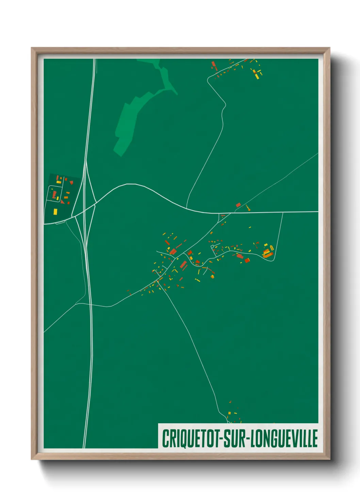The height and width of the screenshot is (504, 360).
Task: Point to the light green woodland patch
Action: [136, 112]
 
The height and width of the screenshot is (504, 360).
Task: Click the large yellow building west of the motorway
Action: [55, 212]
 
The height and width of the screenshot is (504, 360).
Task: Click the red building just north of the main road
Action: [238, 205]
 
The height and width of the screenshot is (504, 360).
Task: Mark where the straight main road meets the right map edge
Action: [317, 212]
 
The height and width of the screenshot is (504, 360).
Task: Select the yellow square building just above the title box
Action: [229, 413]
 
